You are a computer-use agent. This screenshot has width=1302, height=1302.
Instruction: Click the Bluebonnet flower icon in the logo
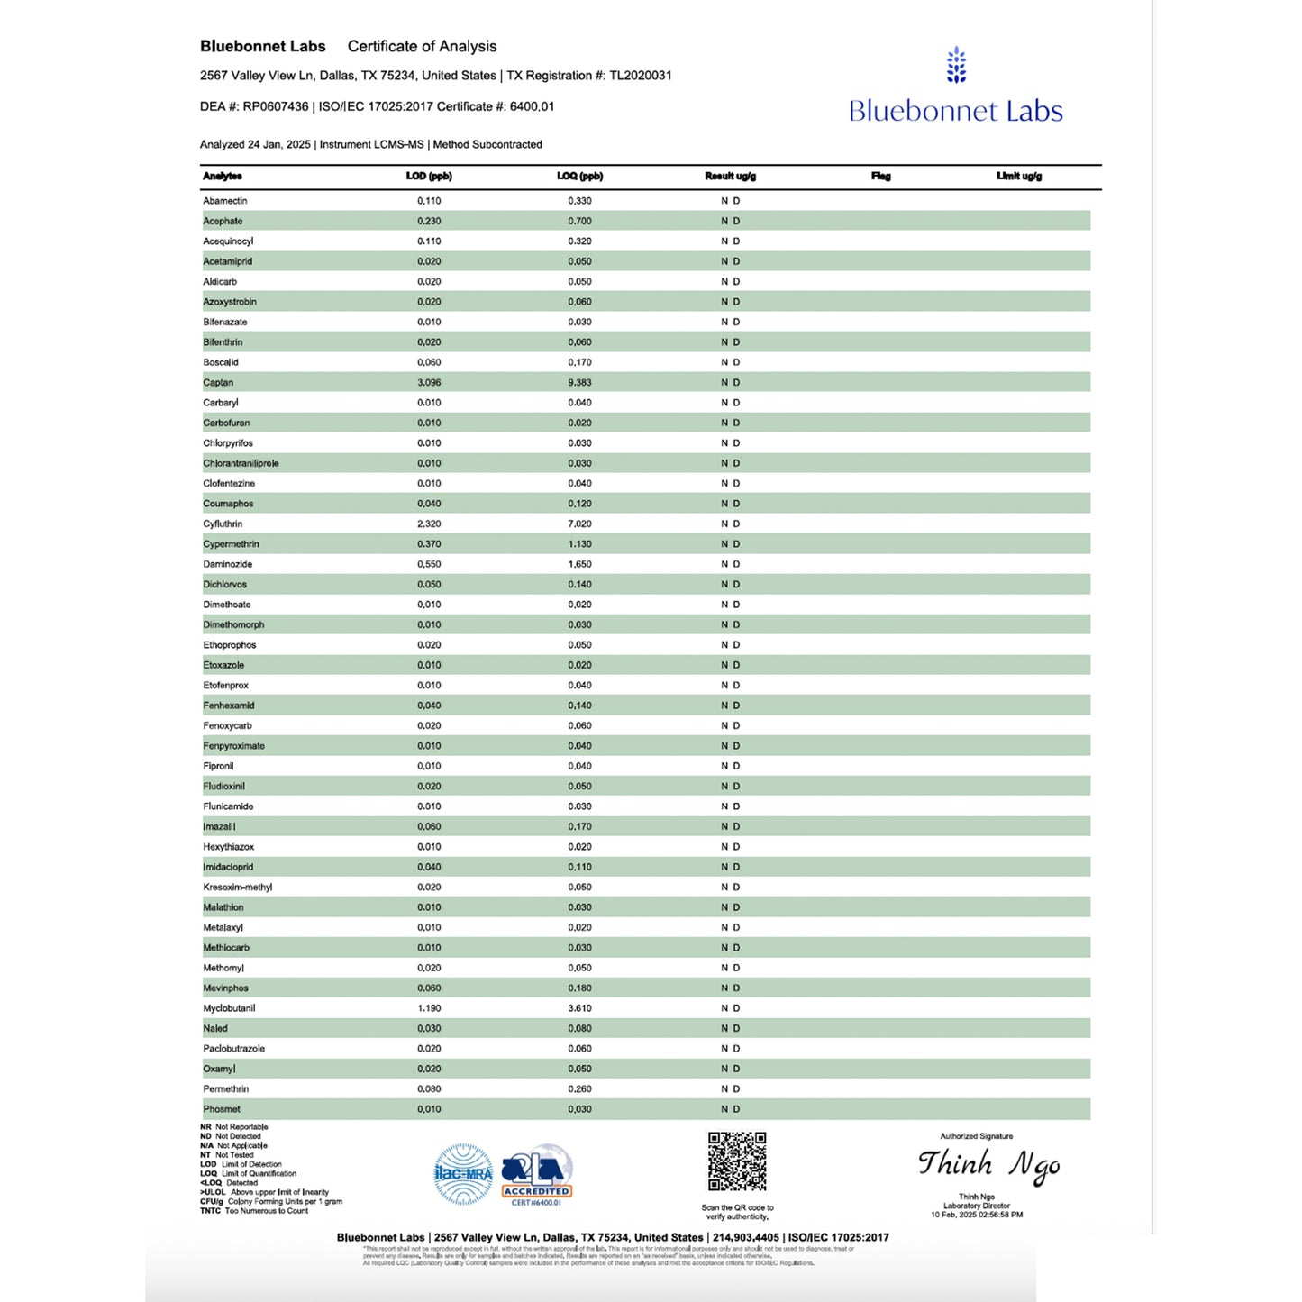click(956, 66)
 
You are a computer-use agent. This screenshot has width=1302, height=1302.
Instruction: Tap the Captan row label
click(218, 383)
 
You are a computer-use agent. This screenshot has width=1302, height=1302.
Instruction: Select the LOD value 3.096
click(429, 383)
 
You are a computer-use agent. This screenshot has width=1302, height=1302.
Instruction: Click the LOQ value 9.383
click(579, 383)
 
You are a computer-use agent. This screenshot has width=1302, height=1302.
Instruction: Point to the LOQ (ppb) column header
click(579, 177)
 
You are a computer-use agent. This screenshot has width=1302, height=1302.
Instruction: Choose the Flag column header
click(880, 177)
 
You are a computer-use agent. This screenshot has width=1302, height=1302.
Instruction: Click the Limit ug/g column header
click(1018, 177)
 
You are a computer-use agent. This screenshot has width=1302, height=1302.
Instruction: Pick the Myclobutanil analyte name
click(229, 1008)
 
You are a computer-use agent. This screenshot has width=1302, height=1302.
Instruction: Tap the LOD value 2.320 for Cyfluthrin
click(429, 524)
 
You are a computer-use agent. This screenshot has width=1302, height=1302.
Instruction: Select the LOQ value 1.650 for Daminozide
click(579, 564)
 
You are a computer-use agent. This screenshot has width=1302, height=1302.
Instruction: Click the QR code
click(737, 1162)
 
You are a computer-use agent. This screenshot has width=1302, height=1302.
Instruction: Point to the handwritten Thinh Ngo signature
click(988, 1165)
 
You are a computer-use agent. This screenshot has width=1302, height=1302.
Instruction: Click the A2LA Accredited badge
click(537, 1174)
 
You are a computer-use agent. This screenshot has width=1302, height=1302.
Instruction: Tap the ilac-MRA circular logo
click(463, 1174)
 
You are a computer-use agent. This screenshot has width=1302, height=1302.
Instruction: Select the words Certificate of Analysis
click(422, 47)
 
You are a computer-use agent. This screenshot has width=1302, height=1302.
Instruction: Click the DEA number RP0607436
click(276, 106)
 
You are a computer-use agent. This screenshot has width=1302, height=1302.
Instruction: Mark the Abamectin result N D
click(730, 201)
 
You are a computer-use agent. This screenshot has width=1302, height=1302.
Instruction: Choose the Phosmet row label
click(222, 1109)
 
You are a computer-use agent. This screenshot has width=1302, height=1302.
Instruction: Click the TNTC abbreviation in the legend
click(210, 1211)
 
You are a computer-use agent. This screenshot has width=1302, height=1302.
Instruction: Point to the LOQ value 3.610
click(579, 1008)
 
